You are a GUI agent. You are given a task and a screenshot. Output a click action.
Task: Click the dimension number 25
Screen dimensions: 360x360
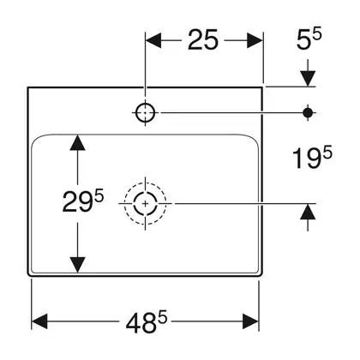[x=203, y=40]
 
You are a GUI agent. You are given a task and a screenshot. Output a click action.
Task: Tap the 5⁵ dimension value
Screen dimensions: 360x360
[x=309, y=39]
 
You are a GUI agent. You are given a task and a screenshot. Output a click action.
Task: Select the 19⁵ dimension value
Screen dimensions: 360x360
[x=312, y=157]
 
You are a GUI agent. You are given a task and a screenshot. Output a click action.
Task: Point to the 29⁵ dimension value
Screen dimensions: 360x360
[x=83, y=201]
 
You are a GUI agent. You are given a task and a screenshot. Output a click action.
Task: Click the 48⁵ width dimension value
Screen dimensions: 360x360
[x=147, y=321]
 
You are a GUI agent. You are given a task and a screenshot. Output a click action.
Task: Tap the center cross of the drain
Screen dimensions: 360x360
[x=146, y=204]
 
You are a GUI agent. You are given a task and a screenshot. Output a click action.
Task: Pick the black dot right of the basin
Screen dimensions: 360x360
[x=308, y=113]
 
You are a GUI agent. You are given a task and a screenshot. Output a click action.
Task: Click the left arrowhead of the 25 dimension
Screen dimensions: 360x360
[x=153, y=40]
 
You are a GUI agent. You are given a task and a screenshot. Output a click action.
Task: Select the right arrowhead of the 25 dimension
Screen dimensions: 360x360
[x=255, y=40]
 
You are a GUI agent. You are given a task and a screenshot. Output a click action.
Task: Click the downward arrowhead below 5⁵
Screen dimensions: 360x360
[x=308, y=78]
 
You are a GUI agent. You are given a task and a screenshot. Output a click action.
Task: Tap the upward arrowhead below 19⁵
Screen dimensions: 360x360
[x=308, y=212]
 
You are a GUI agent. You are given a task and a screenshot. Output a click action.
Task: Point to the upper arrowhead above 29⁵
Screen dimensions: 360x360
[x=77, y=142]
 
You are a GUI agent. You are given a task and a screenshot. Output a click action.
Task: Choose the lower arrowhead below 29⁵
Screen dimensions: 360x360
[x=77, y=265]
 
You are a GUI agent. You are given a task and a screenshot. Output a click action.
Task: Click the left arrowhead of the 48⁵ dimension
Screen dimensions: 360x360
[x=39, y=321]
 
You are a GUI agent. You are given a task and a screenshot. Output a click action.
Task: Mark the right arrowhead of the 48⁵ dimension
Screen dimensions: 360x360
[x=250, y=321]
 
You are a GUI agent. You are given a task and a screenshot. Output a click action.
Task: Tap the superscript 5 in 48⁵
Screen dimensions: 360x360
[x=163, y=317]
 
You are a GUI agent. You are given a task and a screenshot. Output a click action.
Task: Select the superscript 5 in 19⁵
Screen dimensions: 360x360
[x=327, y=152]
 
